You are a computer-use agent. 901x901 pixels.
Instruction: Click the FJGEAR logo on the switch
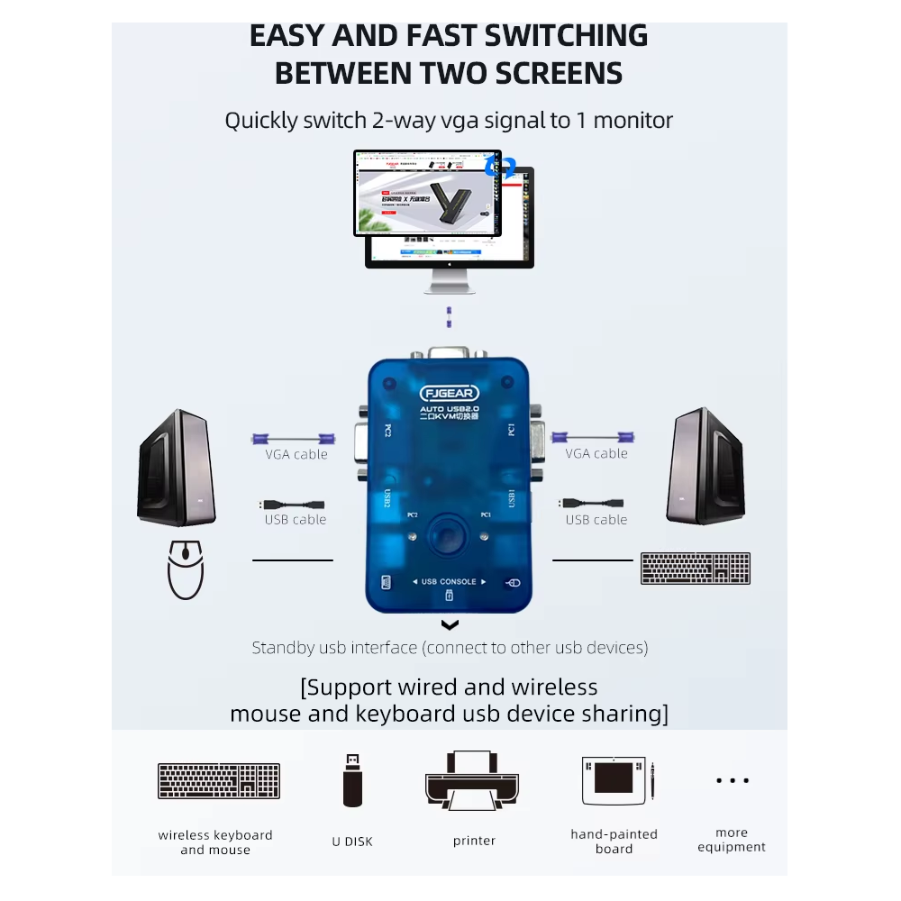pyautogui.click(x=449, y=393)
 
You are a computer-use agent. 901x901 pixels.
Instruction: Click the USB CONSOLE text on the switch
pyautogui.click(x=449, y=582)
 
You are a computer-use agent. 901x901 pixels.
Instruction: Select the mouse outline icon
pyautogui.click(x=186, y=569)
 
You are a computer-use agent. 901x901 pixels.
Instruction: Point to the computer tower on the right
pyautogui.click(x=705, y=466)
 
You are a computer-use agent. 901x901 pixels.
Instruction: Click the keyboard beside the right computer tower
pyautogui.click(x=695, y=569)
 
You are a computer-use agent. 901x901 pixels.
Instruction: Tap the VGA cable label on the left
pyautogui.click(x=296, y=454)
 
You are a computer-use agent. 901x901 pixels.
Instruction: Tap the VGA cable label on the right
pyautogui.click(x=596, y=453)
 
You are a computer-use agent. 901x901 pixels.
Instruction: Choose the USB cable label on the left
pyautogui.click(x=296, y=520)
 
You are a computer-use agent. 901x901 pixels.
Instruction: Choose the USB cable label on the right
pyautogui.click(x=596, y=520)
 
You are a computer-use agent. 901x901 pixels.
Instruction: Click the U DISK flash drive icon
pyautogui.click(x=352, y=779)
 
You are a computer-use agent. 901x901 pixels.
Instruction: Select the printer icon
pyautogui.click(x=474, y=780)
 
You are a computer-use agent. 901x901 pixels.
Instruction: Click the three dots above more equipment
pyautogui.click(x=732, y=780)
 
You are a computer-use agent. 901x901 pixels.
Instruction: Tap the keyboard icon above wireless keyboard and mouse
pyautogui.click(x=218, y=781)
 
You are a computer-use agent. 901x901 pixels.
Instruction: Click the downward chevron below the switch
pyautogui.click(x=450, y=625)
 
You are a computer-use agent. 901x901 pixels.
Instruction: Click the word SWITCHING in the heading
pyautogui.click(x=566, y=36)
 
